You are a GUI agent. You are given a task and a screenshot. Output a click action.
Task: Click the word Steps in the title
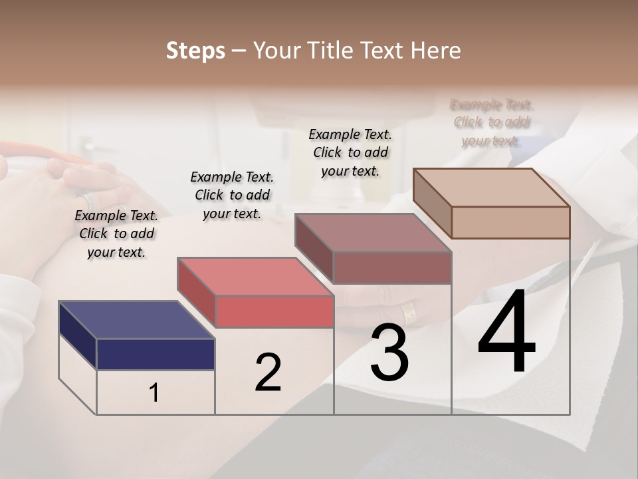(195, 51)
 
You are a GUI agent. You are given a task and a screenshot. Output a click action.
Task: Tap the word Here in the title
(435, 51)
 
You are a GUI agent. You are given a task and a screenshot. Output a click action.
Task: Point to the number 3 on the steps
(389, 353)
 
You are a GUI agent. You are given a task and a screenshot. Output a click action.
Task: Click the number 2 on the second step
(268, 373)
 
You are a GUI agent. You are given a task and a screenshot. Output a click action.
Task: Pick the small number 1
(154, 393)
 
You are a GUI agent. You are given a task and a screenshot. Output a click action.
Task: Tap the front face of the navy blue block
(156, 354)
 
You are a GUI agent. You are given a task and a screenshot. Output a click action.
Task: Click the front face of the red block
(274, 311)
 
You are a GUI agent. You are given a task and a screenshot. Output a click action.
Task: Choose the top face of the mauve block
(373, 233)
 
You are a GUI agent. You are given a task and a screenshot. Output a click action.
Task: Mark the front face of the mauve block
(392, 267)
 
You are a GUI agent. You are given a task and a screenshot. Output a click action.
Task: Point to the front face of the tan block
(510, 222)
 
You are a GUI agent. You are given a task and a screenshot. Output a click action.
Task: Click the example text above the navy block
(116, 234)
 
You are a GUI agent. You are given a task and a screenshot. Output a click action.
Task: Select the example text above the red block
(232, 195)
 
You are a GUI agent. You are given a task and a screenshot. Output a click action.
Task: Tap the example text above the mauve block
(350, 152)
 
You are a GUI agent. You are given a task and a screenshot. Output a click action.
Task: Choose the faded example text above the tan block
(492, 122)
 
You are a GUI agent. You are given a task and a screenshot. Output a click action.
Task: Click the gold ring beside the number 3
(409, 312)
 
